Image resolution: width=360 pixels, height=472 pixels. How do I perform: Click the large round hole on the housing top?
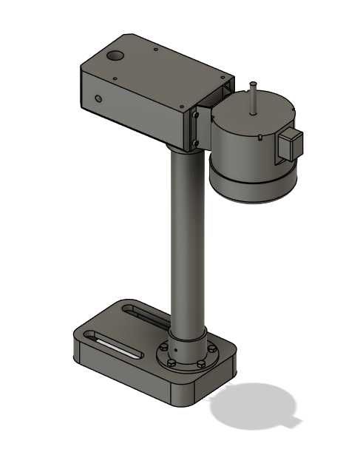coord(115,56)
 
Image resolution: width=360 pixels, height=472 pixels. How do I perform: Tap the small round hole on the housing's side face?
coord(98,98)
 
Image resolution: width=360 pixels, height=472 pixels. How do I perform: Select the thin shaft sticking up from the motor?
coord(253,96)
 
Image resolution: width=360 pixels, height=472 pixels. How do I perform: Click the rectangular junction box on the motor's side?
coord(290,144)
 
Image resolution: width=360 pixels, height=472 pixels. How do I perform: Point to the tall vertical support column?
coord(185,237)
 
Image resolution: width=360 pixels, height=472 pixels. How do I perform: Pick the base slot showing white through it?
coord(115,345)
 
